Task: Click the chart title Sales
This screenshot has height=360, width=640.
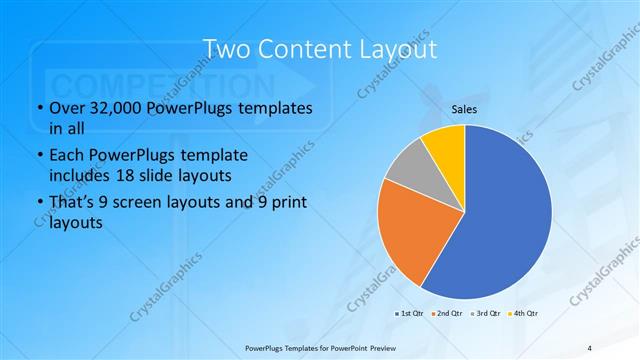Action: tap(464, 109)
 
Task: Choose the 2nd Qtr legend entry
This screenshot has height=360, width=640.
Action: tap(447, 313)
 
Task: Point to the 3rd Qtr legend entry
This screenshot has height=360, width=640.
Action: tap(486, 313)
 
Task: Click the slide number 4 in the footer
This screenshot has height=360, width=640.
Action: tap(589, 346)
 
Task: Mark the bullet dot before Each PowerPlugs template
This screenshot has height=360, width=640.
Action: tap(39, 156)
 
